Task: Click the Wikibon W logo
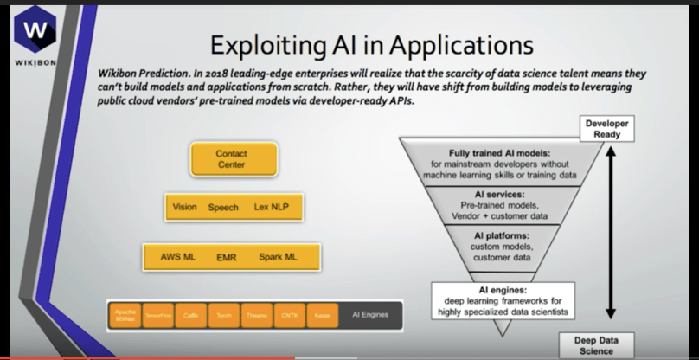point(35,28)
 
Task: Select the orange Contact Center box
point(231,159)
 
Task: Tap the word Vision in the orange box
point(185,208)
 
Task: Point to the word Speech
point(223,208)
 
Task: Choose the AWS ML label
point(178,258)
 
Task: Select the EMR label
point(226,258)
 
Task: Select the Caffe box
point(190,317)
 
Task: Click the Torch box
point(222,317)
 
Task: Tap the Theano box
point(254,317)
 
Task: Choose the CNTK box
point(287,317)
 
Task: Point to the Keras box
point(319,317)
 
